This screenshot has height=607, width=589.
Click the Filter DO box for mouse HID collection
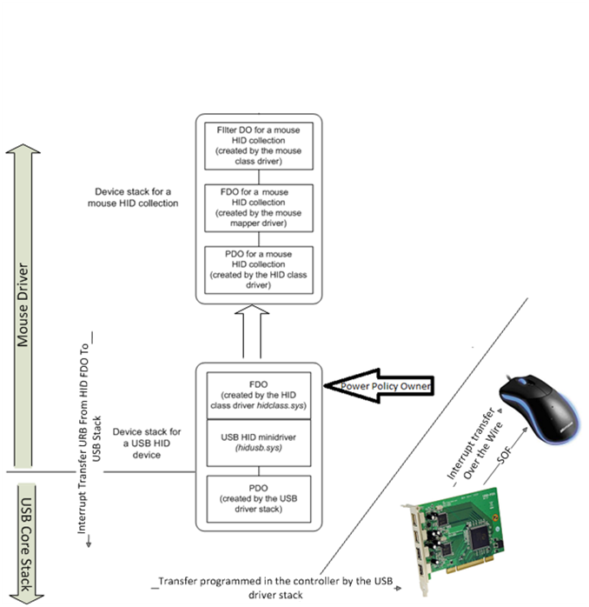click(x=258, y=145)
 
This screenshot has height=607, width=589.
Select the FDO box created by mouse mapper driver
click(x=258, y=207)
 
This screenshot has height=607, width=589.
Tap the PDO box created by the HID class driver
click(x=258, y=269)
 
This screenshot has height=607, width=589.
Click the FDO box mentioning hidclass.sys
click(x=258, y=394)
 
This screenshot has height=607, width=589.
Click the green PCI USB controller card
click(x=482, y=539)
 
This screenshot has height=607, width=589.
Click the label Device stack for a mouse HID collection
click(x=138, y=197)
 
